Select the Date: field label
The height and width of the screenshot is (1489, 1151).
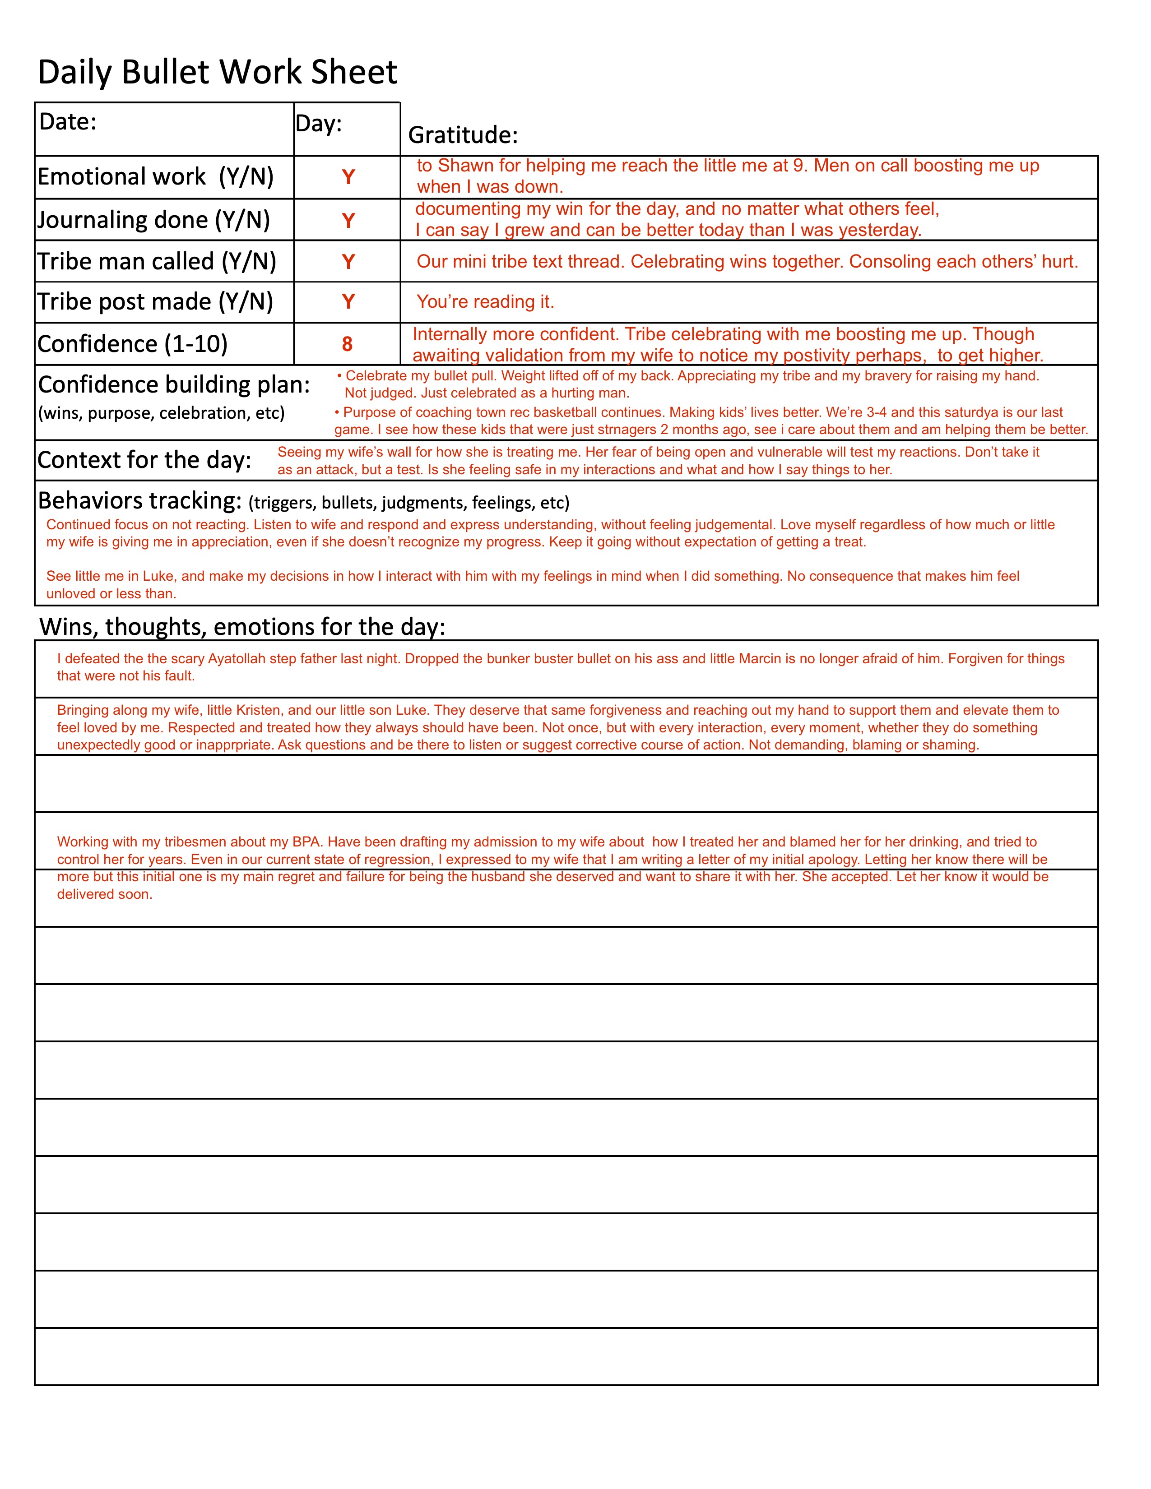tap(68, 121)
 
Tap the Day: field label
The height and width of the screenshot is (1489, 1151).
tap(318, 123)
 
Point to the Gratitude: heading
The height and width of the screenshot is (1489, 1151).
tap(463, 135)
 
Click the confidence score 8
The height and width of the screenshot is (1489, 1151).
tap(347, 344)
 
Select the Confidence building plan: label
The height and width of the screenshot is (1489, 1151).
tap(174, 385)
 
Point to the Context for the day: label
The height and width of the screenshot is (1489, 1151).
tap(144, 460)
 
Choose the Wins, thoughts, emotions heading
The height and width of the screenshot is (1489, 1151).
tap(242, 627)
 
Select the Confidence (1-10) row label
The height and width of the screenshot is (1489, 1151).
tap(132, 344)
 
